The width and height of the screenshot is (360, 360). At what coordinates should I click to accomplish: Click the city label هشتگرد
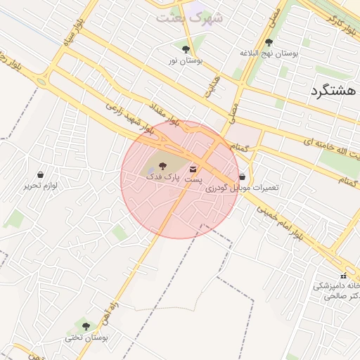pyautogui.click(x=333, y=91)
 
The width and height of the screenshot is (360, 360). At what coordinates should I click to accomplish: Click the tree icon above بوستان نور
pyautogui.click(x=186, y=49)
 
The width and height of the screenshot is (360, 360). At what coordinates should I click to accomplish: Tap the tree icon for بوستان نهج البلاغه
pyautogui.click(x=269, y=42)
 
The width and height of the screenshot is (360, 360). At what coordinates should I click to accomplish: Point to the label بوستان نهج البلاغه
pyautogui.click(x=269, y=53)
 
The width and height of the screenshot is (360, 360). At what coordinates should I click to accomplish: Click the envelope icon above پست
pyautogui.click(x=193, y=169)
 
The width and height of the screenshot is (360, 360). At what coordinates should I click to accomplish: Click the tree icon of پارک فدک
pyautogui.click(x=163, y=166)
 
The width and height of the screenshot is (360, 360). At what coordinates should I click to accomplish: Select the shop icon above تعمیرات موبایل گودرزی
pyautogui.click(x=243, y=176)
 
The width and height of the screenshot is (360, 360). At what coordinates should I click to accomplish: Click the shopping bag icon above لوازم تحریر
pyautogui.click(x=41, y=174)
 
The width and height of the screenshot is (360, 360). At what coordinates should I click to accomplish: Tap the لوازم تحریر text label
pyautogui.click(x=41, y=186)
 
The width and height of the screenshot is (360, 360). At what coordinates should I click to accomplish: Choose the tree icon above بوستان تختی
pyautogui.click(x=86, y=326)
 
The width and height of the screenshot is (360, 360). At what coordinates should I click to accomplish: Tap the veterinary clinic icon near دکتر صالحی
pyautogui.click(x=343, y=275)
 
